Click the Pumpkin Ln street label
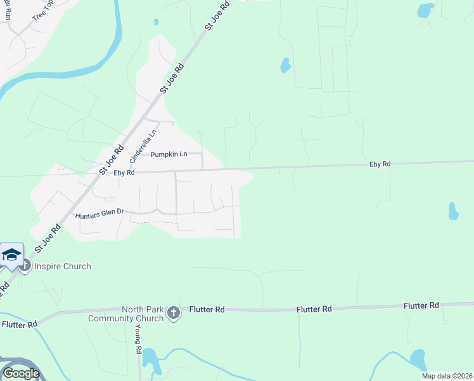coord(169,154)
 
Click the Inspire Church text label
coord(63,266)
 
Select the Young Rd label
coord(138,341)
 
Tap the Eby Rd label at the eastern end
coord(380,164)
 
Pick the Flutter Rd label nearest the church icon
coord(207,310)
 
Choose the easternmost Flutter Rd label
coord(421,305)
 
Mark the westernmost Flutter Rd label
coord(19,324)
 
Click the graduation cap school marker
coord(11,255)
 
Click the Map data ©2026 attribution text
coord(446,376)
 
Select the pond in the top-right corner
coord(425,10)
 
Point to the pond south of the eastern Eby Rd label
coord(453,211)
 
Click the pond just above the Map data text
coord(418,359)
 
